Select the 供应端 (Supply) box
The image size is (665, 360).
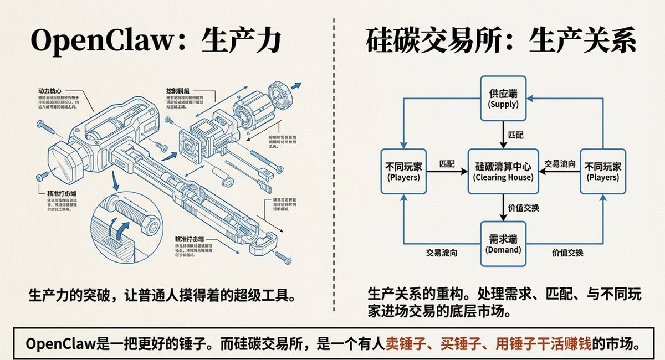[x=503, y=99]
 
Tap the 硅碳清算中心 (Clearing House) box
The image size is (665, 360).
[x=503, y=171]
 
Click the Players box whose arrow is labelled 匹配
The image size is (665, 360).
[x=403, y=171]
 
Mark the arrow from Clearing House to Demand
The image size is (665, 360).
[x=503, y=207]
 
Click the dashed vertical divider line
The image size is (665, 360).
[x=334, y=166]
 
